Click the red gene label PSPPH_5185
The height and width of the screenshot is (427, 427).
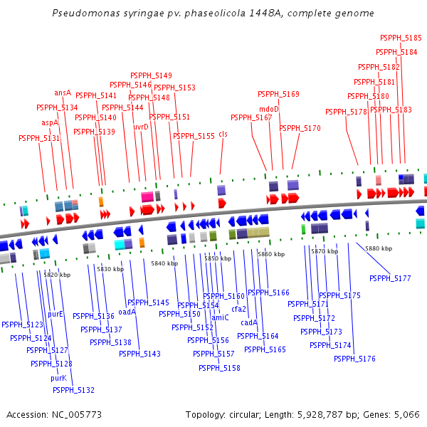tap(401, 38)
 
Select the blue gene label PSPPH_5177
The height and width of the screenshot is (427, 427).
tap(390, 278)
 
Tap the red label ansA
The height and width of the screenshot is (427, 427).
tap(63, 93)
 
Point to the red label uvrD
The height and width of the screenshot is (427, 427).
tap(141, 127)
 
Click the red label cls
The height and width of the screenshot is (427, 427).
tap(223, 135)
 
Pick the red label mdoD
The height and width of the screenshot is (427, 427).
tap(269, 109)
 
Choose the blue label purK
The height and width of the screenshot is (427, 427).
tap(58, 378)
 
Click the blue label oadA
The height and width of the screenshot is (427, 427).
tap(127, 312)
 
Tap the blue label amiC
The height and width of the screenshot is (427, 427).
tap(220, 317)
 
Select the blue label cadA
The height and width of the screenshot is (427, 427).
tap(249, 322)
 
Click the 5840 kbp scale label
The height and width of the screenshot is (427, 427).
tap(164, 263)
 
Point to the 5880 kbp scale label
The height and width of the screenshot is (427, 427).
tap(379, 248)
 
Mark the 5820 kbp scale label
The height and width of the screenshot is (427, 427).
tap(57, 275)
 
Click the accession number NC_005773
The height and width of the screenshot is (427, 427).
tap(77, 415)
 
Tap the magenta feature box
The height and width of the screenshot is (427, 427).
tap(147, 197)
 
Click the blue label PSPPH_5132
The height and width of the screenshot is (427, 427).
tap(73, 390)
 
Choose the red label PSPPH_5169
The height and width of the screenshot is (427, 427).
tap(278, 94)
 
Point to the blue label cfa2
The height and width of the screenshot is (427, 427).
tap(238, 309)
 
